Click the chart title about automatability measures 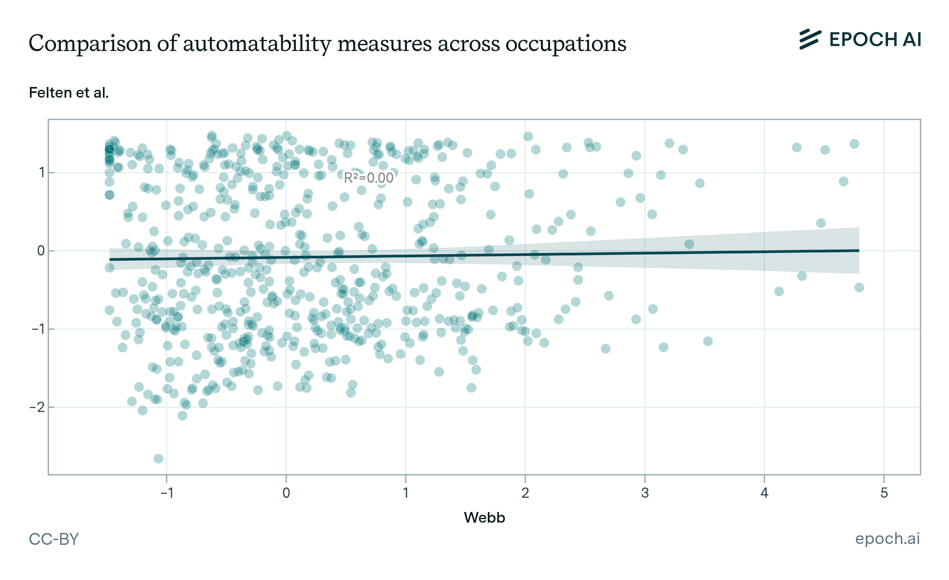(x=327, y=43)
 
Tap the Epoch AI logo (x=860, y=40)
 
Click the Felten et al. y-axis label (x=69, y=93)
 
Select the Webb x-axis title (x=484, y=518)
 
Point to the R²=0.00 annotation (x=369, y=178)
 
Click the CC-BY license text (x=54, y=539)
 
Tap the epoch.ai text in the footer (x=887, y=538)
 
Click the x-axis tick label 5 (x=884, y=493)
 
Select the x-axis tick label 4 (x=764, y=493)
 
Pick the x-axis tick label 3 (x=645, y=493)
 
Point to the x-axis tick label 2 (x=525, y=493)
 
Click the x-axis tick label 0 (x=286, y=493)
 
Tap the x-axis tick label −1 (x=166, y=493)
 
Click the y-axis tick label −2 (x=38, y=407)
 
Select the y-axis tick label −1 (x=38, y=329)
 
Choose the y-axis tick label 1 (x=42, y=173)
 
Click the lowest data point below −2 (x=159, y=459)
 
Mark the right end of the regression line (x=858, y=251)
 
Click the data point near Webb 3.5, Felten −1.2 (x=708, y=341)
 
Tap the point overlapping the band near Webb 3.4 (x=689, y=244)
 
